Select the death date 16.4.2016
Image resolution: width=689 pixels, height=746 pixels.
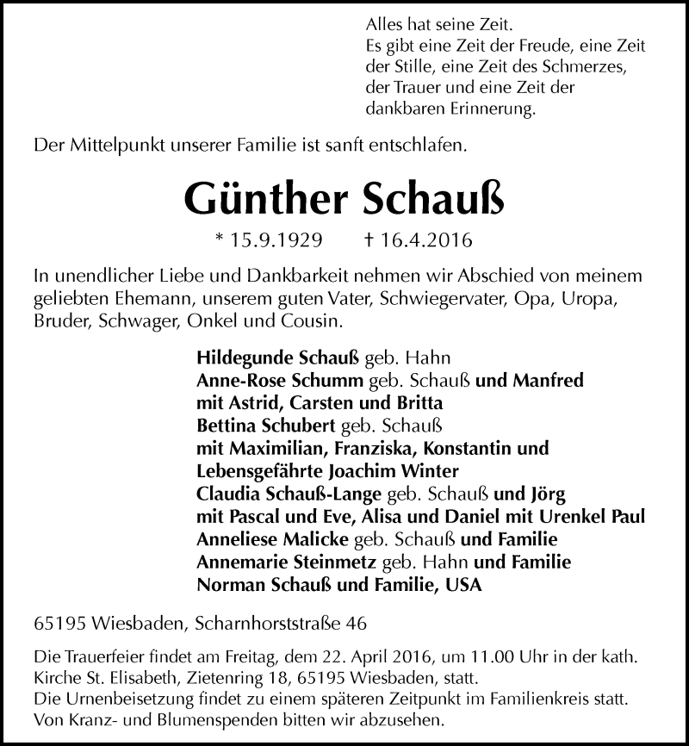[430, 239]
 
